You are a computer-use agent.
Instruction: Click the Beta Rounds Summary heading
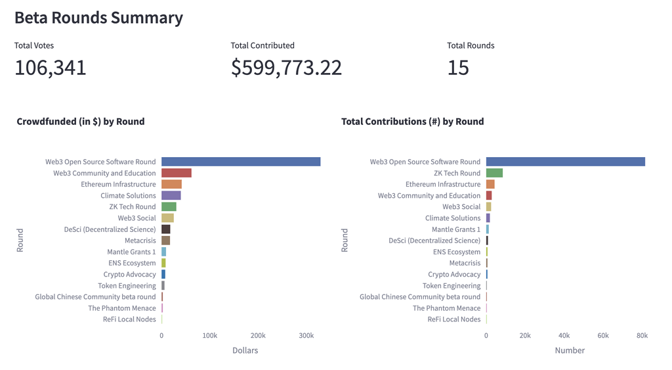click(x=98, y=18)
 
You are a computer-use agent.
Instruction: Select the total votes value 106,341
click(x=51, y=68)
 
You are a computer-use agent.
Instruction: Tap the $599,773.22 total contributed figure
click(x=286, y=68)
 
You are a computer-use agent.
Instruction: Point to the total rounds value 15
click(x=458, y=68)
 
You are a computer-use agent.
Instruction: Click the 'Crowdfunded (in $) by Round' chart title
click(x=81, y=122)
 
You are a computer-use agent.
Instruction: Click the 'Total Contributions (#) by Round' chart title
click(x=412, y=122)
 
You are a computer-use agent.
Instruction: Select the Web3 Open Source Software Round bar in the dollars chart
click(x=241, y=162)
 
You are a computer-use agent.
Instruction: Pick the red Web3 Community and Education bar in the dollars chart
click(x=177, y=173)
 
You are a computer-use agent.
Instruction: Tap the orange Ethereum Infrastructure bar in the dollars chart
click(x=171, y=185)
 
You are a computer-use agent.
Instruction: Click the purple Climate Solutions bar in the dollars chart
click(x=171, y=196)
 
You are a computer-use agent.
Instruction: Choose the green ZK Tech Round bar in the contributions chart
click(x=494, y=173)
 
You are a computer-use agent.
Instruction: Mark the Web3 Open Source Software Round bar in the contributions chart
click(x=565, y=162)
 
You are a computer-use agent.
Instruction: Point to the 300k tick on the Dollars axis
click(x=306, y=336)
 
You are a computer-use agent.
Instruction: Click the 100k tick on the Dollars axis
click(x=209, y=336)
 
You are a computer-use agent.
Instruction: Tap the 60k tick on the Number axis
click(x=603, y=336)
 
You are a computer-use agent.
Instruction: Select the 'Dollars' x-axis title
click(x=245, y=351)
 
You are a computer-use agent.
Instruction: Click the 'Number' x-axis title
click(x=570, y=351)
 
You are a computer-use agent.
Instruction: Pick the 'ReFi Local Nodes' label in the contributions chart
click(x=453, y=319)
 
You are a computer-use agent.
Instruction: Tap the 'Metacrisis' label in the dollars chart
click(x=140, y=241)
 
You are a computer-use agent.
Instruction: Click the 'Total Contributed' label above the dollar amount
click(x=262, y=46)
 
